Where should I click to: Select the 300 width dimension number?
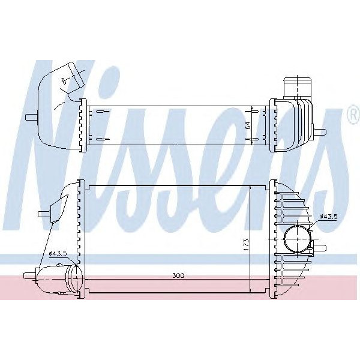(177, 277)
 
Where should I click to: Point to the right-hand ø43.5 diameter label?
(329, 216)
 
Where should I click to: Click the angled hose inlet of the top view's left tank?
(73, 74)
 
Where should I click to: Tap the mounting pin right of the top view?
(320, 131)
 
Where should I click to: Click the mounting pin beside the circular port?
(321, 248)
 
